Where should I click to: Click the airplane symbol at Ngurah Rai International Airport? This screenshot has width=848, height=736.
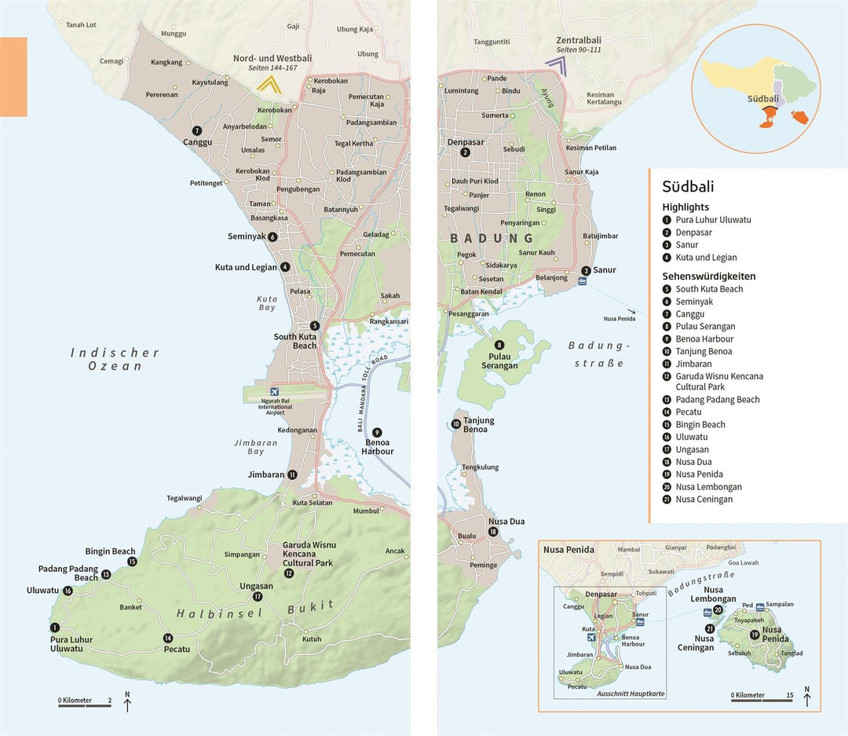274,392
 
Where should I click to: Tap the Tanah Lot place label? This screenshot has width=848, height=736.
81,25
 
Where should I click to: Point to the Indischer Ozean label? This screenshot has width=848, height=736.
115,359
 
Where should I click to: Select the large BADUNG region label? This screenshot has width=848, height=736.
492,238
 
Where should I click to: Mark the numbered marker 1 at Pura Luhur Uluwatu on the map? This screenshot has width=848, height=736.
54,628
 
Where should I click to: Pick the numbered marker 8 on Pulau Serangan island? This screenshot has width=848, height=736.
499,345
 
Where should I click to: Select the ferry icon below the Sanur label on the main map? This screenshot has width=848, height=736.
582,282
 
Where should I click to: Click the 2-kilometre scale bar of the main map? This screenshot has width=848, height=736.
84,705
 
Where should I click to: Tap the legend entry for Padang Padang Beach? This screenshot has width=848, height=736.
717,400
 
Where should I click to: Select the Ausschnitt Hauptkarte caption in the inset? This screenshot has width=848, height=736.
630,694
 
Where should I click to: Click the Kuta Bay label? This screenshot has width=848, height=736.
267,303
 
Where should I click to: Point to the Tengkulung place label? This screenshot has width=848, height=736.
480,467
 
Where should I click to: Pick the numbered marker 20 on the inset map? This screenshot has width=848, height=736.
718,610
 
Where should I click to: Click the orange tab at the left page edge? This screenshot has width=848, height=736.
13,77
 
